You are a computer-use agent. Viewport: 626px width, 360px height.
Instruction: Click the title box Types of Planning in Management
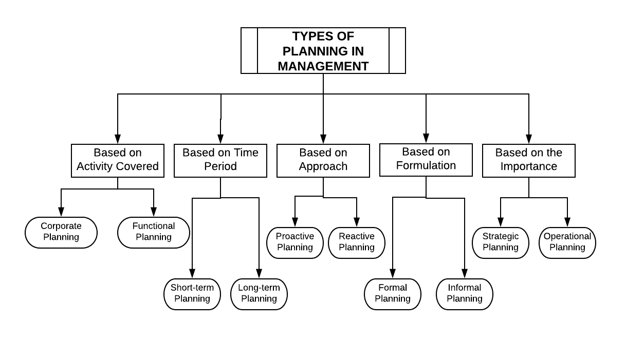(323, 50)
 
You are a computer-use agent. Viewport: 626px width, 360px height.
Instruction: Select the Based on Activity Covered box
(118, 160)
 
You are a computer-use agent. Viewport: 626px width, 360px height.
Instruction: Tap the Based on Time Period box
(220, 160)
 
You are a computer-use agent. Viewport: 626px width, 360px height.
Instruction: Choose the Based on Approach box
(323, 160)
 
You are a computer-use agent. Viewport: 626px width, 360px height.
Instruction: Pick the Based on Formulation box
(426, 160)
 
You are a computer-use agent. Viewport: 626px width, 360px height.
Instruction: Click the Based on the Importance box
(528, 160)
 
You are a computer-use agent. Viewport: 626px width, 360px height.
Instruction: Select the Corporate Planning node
(61, 232)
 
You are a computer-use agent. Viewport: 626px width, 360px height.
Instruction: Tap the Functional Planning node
(154, 232)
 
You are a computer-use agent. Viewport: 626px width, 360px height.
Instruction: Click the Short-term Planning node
(192, 294)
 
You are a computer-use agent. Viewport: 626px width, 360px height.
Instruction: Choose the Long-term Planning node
(259, 294)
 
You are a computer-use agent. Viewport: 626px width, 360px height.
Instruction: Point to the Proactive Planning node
(295, 242)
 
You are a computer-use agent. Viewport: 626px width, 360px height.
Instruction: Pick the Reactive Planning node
(357, 242)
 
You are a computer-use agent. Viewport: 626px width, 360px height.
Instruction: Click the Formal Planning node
(393, 294)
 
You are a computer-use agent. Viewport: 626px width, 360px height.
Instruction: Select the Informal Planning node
(465, 294)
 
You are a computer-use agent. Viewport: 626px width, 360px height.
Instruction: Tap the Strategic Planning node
(501, 242)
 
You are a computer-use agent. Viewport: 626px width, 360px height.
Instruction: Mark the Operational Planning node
(567, 242)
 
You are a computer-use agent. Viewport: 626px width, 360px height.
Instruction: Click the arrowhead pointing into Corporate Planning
(61, 212)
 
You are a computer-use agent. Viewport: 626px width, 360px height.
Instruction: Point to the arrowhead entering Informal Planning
(465, 274)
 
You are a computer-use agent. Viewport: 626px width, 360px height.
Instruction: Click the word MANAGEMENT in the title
(323, 66)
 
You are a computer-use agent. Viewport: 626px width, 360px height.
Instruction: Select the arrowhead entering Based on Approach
(323, 139)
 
